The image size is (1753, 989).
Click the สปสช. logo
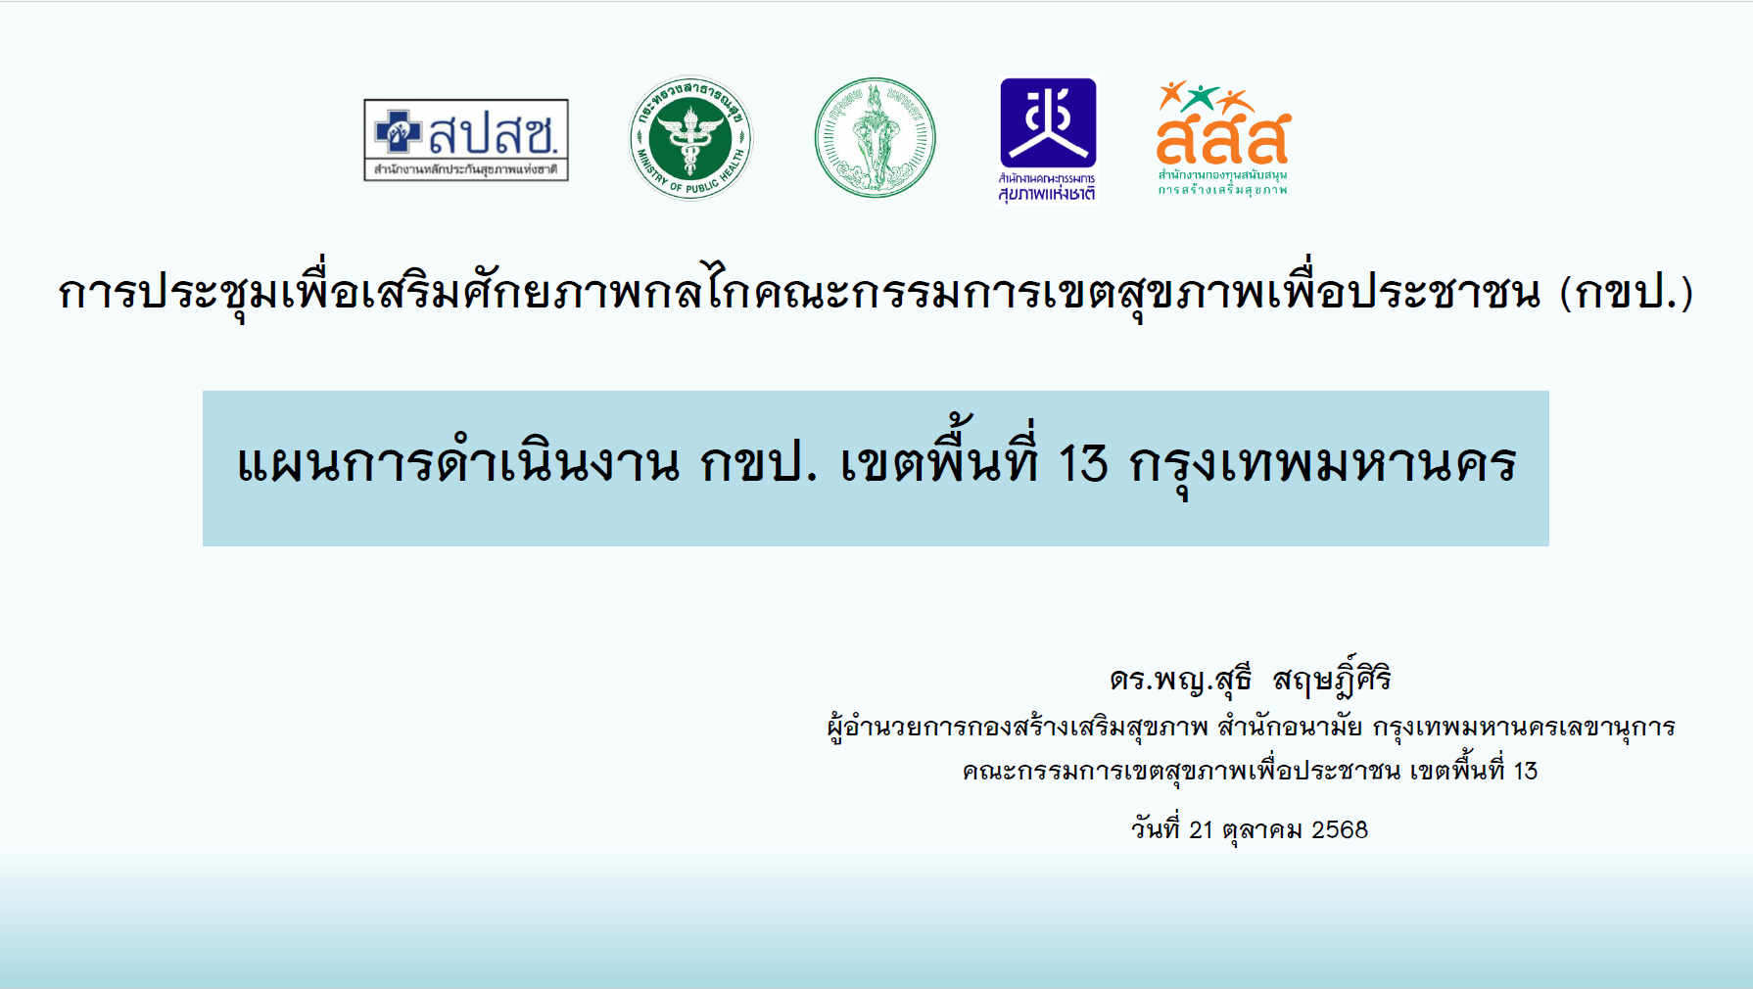click(466, 140)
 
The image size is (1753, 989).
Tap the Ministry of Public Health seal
click(690, 138)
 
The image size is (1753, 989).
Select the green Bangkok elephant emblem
click(876, 138)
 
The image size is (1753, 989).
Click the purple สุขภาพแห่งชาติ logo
click(1048, 140)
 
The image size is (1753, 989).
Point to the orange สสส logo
click(1223, 138)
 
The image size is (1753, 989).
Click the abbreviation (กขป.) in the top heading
click(1627, 293)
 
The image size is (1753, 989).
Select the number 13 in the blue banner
click(1083, 463)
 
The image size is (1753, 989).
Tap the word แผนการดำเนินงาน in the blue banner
click(458, 463)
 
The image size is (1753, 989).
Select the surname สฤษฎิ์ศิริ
click(1332, 676)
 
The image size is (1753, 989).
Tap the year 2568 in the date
click(1340, 830)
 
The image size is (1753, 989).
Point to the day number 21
click(1201, 830)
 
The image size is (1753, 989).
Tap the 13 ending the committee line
click(1526, 772)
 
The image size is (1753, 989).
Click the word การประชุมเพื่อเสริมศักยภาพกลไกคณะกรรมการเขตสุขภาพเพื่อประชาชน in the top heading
click(799, 292)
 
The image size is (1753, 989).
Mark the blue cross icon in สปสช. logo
click(399, 131)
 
